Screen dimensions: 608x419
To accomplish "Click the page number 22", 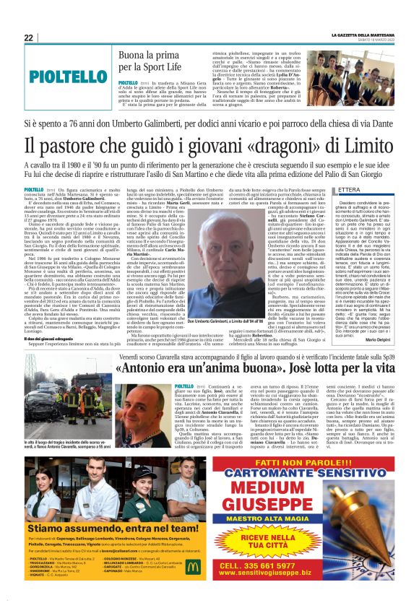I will [28, 38].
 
